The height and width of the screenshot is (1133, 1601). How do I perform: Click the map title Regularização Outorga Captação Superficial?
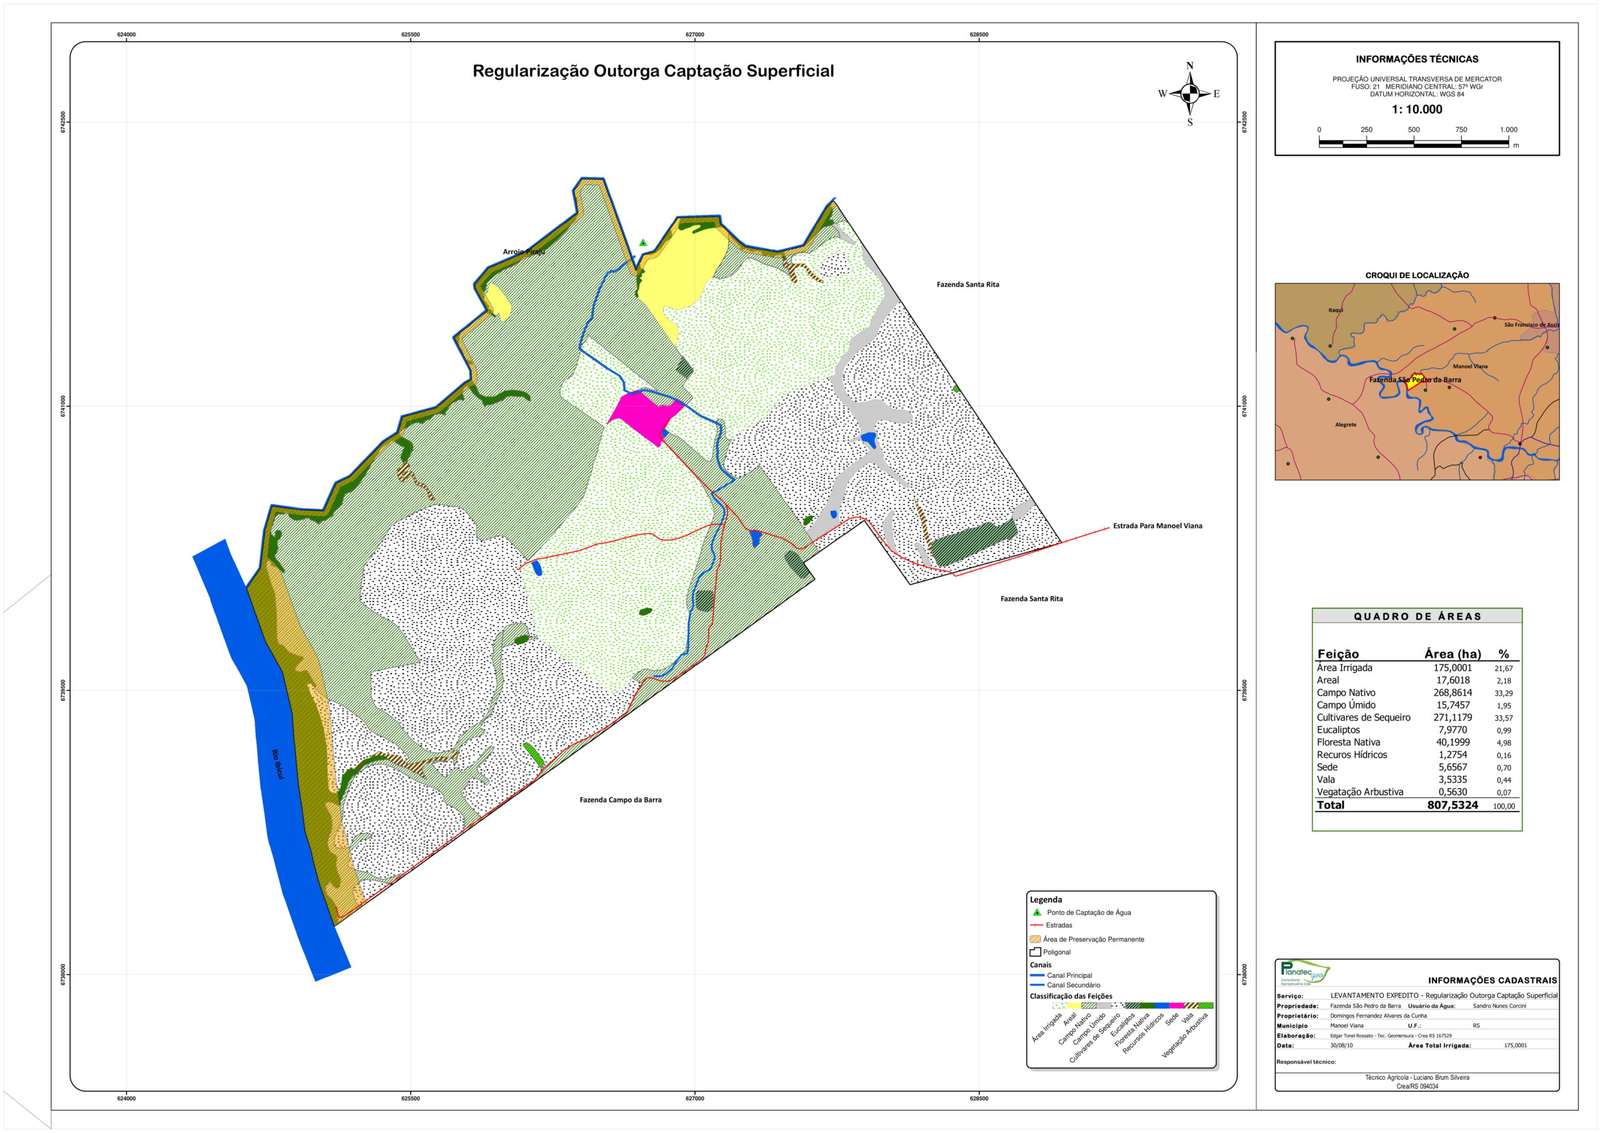click(653, 71)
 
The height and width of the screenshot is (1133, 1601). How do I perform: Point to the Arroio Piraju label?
click(524, 252)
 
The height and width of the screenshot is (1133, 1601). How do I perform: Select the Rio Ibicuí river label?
click(278, 764)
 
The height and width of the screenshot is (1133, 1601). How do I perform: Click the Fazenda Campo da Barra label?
click(620, 800)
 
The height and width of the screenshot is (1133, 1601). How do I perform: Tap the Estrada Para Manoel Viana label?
click(1158, 526)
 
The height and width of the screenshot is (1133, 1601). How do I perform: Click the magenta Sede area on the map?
click(645, 416)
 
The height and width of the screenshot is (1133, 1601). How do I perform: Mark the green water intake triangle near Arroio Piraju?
click(643, 243)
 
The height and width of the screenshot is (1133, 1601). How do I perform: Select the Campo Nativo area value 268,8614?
click(1452, 693)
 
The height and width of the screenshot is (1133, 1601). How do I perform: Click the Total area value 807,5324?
click(1452, 805)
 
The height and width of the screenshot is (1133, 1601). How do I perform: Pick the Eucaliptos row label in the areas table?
click(1338, 730)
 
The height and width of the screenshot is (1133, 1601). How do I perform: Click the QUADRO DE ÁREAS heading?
click(1417, 617)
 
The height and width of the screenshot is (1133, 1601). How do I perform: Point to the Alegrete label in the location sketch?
click(1346, 425)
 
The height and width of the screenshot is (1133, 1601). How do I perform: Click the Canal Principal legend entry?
click(1069, 975)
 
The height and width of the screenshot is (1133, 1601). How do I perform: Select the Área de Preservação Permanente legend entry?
click(1093, 939)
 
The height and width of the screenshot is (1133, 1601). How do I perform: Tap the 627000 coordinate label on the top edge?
click(695, 35)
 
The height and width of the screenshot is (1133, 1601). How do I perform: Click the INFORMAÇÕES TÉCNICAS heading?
click(1417, 59)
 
